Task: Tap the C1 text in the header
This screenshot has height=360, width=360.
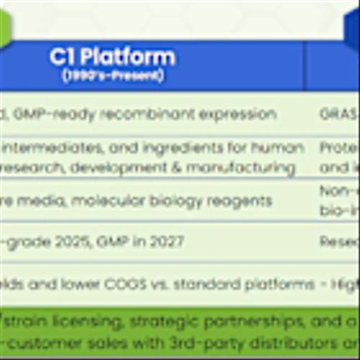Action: (x=63, y=57)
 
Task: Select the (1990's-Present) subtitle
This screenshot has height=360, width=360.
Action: (x=112, y=75)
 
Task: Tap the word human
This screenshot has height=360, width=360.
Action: (x=278, y=148)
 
